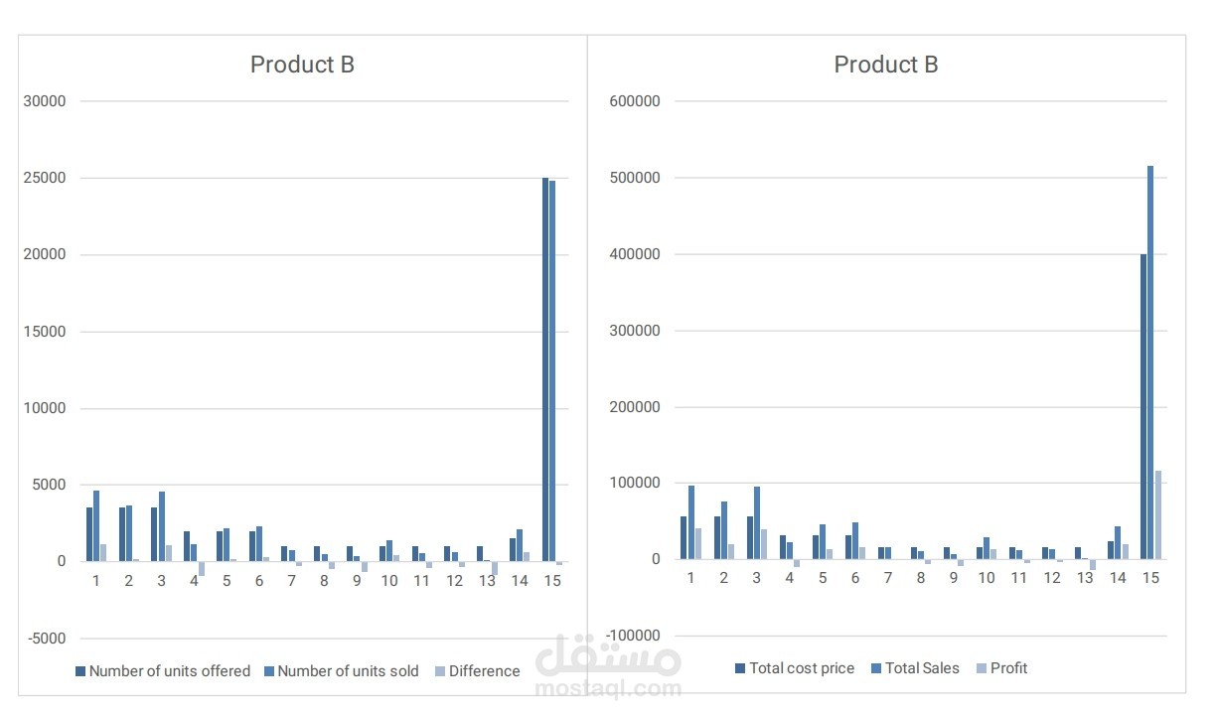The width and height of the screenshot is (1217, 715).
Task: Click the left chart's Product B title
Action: (302, 66)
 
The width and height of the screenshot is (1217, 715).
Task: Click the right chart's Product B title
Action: (885, 66)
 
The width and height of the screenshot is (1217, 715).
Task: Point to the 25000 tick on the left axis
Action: (45, 179)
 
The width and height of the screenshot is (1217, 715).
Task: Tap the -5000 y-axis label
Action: (45, 638)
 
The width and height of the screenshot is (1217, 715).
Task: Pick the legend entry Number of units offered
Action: (169, 671)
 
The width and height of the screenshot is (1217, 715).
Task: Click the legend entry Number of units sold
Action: (348, 671)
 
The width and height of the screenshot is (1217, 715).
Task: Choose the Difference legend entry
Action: (484, 671)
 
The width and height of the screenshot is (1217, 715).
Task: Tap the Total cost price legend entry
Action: (801, 668)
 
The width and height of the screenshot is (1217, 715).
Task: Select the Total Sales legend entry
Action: (922, 668)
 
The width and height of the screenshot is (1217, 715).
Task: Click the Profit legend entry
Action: (1008, 668)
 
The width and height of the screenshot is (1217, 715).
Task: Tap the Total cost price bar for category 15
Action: (1143, 406)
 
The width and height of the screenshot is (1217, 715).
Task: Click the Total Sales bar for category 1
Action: (690, 522)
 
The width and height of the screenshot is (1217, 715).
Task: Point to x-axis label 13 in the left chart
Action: (487, 581)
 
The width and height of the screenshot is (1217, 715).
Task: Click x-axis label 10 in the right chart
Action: (986, 578)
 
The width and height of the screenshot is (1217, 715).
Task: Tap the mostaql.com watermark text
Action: (608, 686)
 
